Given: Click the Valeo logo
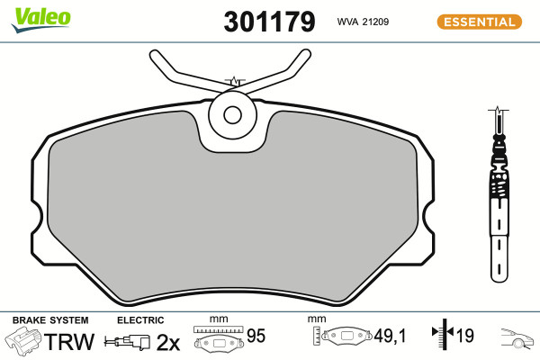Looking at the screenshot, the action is click(41, 19).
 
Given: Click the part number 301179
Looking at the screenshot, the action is click(269, 22).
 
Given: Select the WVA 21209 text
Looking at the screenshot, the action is click(363, 22).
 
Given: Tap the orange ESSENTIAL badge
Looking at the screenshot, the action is click(480, 22).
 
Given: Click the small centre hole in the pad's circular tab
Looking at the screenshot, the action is click(232, 114).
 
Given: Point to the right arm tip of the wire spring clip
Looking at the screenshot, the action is click(305, 54).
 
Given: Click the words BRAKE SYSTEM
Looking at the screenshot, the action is click(50, 320).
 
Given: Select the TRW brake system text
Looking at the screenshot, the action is click(69, 341).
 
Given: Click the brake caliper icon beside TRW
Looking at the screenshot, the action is click(23, 339).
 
